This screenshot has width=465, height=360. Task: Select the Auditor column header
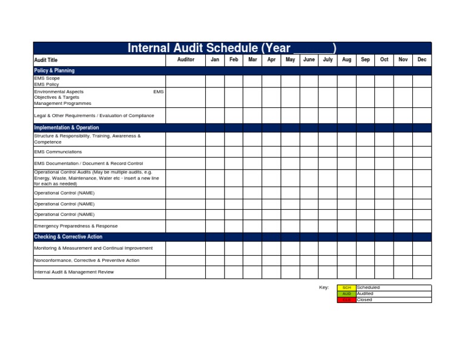(x=185, y=60)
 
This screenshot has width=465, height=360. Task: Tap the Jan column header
(x=214, y=60)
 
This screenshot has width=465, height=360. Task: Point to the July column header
(x=328, y=60)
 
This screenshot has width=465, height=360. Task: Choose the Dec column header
(x=422, y=60)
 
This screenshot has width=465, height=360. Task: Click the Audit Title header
(x=46, y=61)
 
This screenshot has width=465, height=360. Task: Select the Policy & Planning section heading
(x=54, y=71)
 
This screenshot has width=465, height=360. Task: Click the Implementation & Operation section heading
(x=67, y=128)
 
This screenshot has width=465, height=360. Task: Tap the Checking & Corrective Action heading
(x=68, y=237)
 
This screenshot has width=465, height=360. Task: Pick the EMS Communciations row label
(x=58, y=152)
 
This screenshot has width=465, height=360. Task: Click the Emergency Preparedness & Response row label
(x=76, y=226)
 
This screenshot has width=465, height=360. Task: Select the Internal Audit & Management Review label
(x=74, y=272)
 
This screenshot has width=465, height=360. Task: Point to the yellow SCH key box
(x=346, y=288)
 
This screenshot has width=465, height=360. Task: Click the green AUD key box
(x=346, y=294)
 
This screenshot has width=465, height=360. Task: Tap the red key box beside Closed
(x=346, y=300)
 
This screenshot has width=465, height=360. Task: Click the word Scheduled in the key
(x=369, y=288)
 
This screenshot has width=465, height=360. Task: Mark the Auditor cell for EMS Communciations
(x=185, y=152)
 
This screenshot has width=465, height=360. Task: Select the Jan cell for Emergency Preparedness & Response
(x=214, y=226)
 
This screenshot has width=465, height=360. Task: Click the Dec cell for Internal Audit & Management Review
(x=422, y=272)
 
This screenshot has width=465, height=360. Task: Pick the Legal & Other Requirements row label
(x=94, y=115)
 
